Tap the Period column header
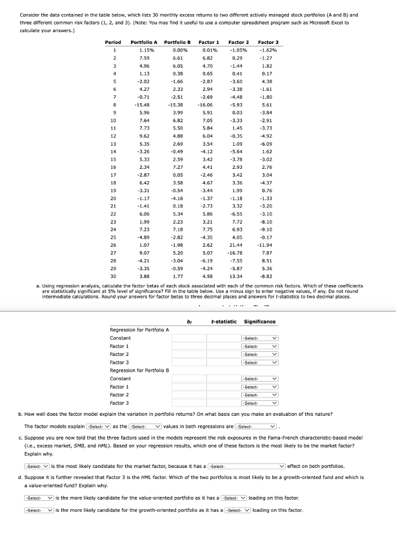(x=113, y=42)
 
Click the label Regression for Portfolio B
(x=139, y=371)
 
